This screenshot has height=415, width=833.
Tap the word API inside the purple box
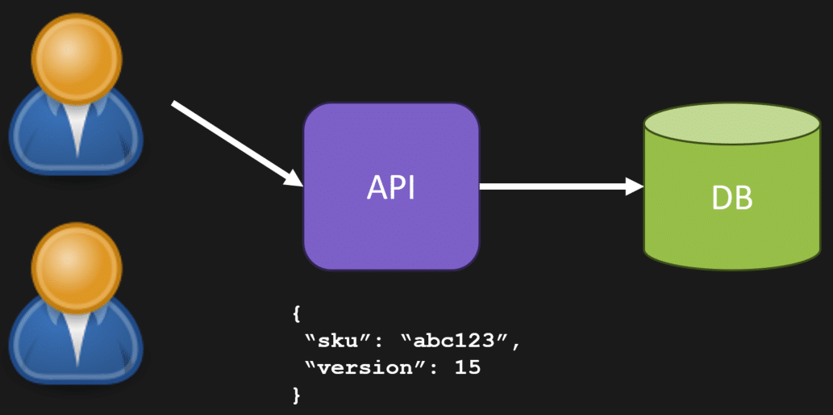(391, 187)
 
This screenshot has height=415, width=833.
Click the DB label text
(732, 197)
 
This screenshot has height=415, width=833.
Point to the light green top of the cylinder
(732, 124)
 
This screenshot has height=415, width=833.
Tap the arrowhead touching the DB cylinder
(634, 187)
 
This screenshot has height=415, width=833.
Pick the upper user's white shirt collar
(77, 129)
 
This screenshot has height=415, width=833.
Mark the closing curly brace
(296, 395)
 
